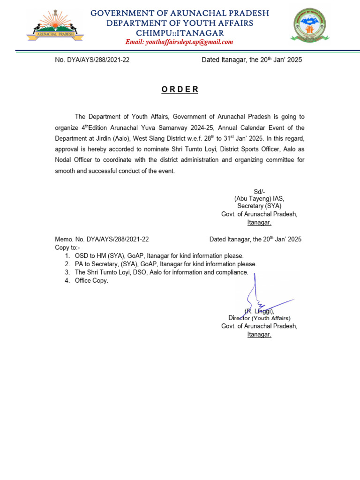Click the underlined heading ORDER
click(x=180, y=90)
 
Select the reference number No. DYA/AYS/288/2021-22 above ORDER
click(x=92, y=60)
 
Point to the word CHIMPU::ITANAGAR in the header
click(x=180, y=33)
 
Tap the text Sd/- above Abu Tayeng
click(x=259, y=192)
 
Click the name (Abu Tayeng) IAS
click(x=259, y=199)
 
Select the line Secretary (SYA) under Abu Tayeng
click(x=259, y=206)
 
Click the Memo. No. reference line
click(x=102, y=239)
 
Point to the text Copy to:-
click(x=67, y=247)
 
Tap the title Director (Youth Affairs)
click(x=259, y=318)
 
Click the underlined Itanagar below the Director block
click(x=259, y=335)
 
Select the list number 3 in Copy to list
click(x=67, y=272)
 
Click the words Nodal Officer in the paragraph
click(x=75, y=160)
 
